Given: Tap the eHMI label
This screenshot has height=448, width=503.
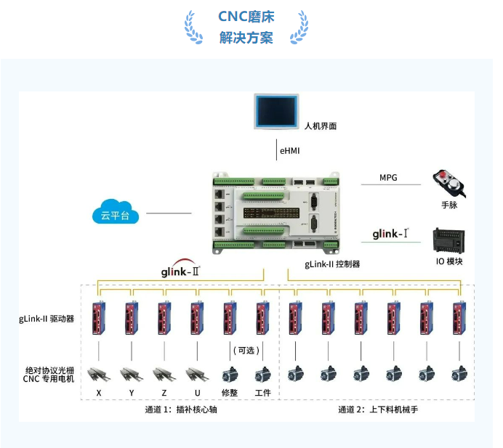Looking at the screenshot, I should (x=289, y=151).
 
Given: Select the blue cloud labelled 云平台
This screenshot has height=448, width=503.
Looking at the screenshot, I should (x=115, y=213).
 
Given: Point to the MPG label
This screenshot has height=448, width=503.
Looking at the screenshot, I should (x=389, y=178).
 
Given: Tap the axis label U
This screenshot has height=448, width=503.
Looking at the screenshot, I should (x=196, y=393).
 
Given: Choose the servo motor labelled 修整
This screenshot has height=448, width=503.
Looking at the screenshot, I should (x=230, y=375).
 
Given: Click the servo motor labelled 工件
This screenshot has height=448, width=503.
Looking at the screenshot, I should (x=262, y=375).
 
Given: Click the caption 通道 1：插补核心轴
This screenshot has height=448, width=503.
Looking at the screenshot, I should (x=180, y=410).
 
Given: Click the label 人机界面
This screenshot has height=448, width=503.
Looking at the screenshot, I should (x=320, y=126).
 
